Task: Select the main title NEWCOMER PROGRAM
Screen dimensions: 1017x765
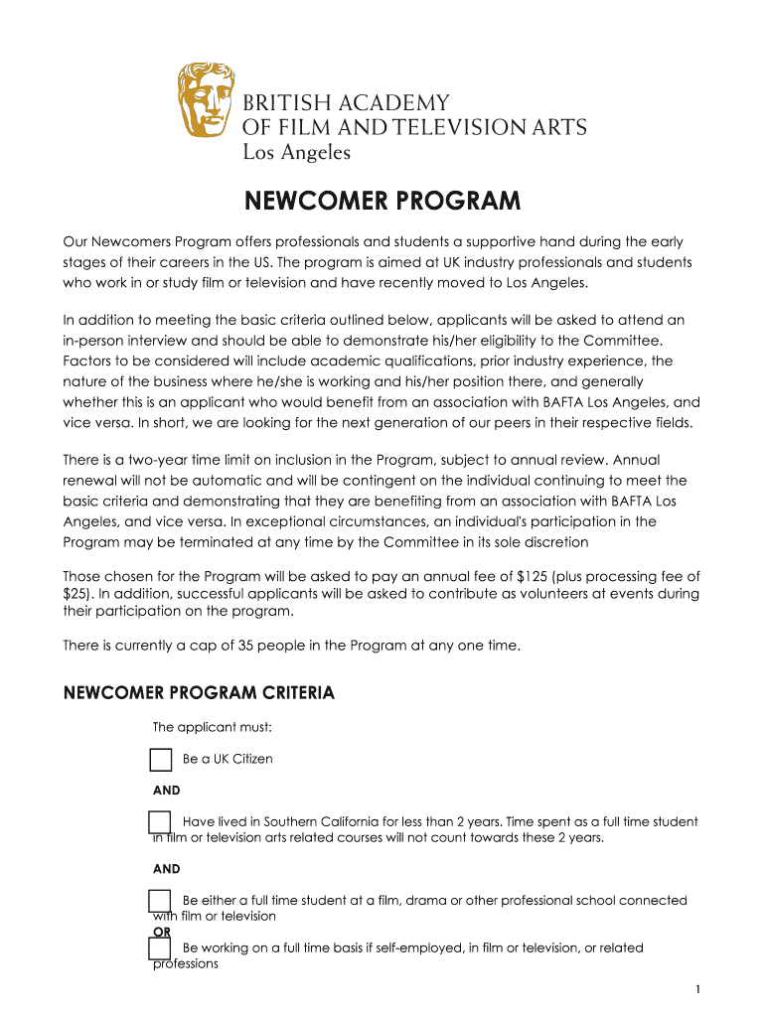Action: click(x=382, y=202)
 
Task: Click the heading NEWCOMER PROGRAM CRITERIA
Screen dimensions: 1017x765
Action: click(x=199, y=692)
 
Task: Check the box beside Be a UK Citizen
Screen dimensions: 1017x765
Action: click(x=160, y=760)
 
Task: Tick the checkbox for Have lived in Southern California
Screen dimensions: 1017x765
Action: click(x=160, y=822)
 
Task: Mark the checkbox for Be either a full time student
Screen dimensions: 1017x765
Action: click(x=160, y=901)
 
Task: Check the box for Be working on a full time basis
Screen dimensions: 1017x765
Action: click(x=160, y=948)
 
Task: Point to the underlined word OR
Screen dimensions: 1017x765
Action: click(x=161, y=932)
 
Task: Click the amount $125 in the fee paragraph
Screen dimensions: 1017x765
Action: click(x=534, y=577)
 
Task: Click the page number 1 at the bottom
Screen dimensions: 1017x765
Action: click(x=699, y=989)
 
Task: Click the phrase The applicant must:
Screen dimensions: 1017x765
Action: click(x=212, y=727)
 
